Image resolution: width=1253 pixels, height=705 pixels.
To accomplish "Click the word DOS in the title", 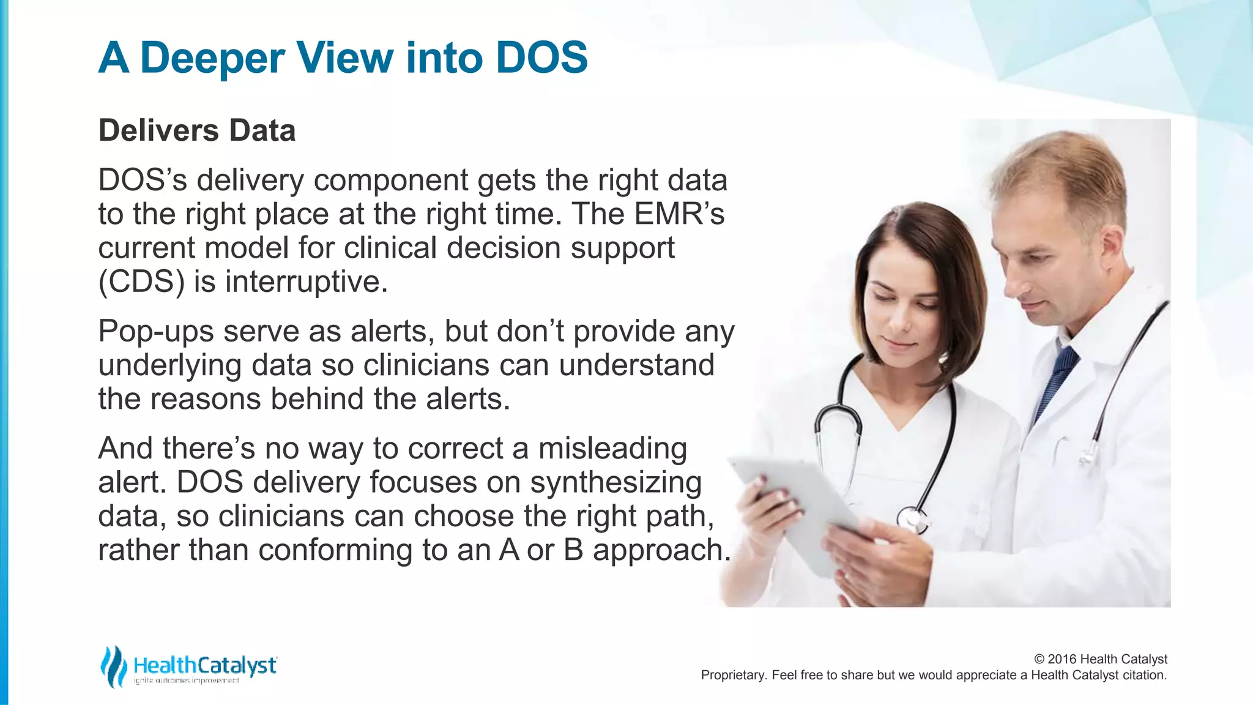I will click(x=541, y=58).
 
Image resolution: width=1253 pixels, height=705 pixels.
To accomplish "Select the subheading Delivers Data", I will click(x=197, y=130).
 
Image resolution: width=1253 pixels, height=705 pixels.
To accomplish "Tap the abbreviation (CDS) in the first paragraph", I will click(x=141, y=282).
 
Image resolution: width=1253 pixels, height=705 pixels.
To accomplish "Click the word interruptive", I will click(x=306, y=282).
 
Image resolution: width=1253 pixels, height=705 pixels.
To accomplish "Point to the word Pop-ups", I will click(x=155, y=332).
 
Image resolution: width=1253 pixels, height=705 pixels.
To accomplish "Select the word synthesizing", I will click(x=615, y=483).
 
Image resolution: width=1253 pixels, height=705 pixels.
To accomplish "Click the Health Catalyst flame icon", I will click(x=113, y=666).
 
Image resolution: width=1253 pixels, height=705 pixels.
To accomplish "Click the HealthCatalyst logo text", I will click(x=205, y=665).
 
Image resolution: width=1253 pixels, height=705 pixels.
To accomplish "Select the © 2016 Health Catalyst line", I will click(x=1100, y=659).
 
